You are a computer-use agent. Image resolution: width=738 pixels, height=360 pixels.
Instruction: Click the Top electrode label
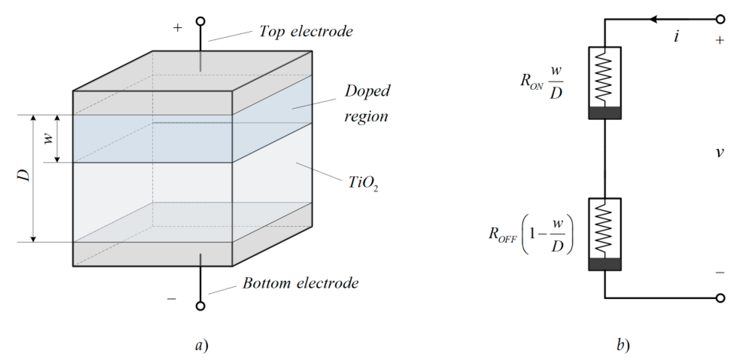(306, 31)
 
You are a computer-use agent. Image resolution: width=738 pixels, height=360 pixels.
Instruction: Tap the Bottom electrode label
(300, 283)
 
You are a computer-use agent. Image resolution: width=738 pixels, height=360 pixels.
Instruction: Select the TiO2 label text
(362, 182)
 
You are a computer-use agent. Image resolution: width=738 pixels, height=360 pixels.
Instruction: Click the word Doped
(367, 91)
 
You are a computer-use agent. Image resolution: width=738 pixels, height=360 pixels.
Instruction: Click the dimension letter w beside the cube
(49, 139)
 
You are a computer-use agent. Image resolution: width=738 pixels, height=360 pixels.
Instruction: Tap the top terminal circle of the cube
(201, 21)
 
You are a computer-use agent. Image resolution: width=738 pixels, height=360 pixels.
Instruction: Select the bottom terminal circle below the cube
(201, 306)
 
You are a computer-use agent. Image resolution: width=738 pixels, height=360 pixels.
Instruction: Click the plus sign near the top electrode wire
(177, 28)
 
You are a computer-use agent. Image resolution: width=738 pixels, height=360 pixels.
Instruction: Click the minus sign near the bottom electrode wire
(172, 299)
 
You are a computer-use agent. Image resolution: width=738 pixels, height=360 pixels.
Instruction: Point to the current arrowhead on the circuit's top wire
(654, 19)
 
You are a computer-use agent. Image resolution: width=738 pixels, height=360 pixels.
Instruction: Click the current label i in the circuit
(676, 37)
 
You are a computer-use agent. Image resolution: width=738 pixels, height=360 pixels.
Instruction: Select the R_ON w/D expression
(541, 83)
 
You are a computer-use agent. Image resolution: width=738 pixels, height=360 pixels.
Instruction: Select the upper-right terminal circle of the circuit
(720, 19)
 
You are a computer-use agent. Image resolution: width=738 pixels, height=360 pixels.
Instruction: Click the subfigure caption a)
(201, 345)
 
